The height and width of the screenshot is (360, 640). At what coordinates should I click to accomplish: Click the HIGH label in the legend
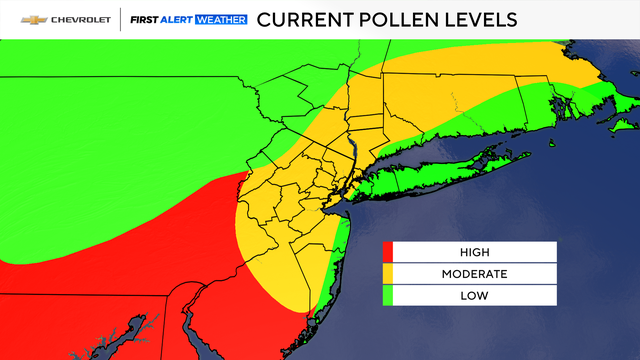[475, 253]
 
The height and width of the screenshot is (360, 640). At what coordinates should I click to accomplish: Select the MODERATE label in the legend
[475, 274]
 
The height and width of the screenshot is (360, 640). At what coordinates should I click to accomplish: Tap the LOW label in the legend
[475, 295]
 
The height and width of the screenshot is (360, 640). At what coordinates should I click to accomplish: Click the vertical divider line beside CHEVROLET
[119, 20]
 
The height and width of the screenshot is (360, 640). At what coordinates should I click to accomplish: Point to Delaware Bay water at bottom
[264, 335]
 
